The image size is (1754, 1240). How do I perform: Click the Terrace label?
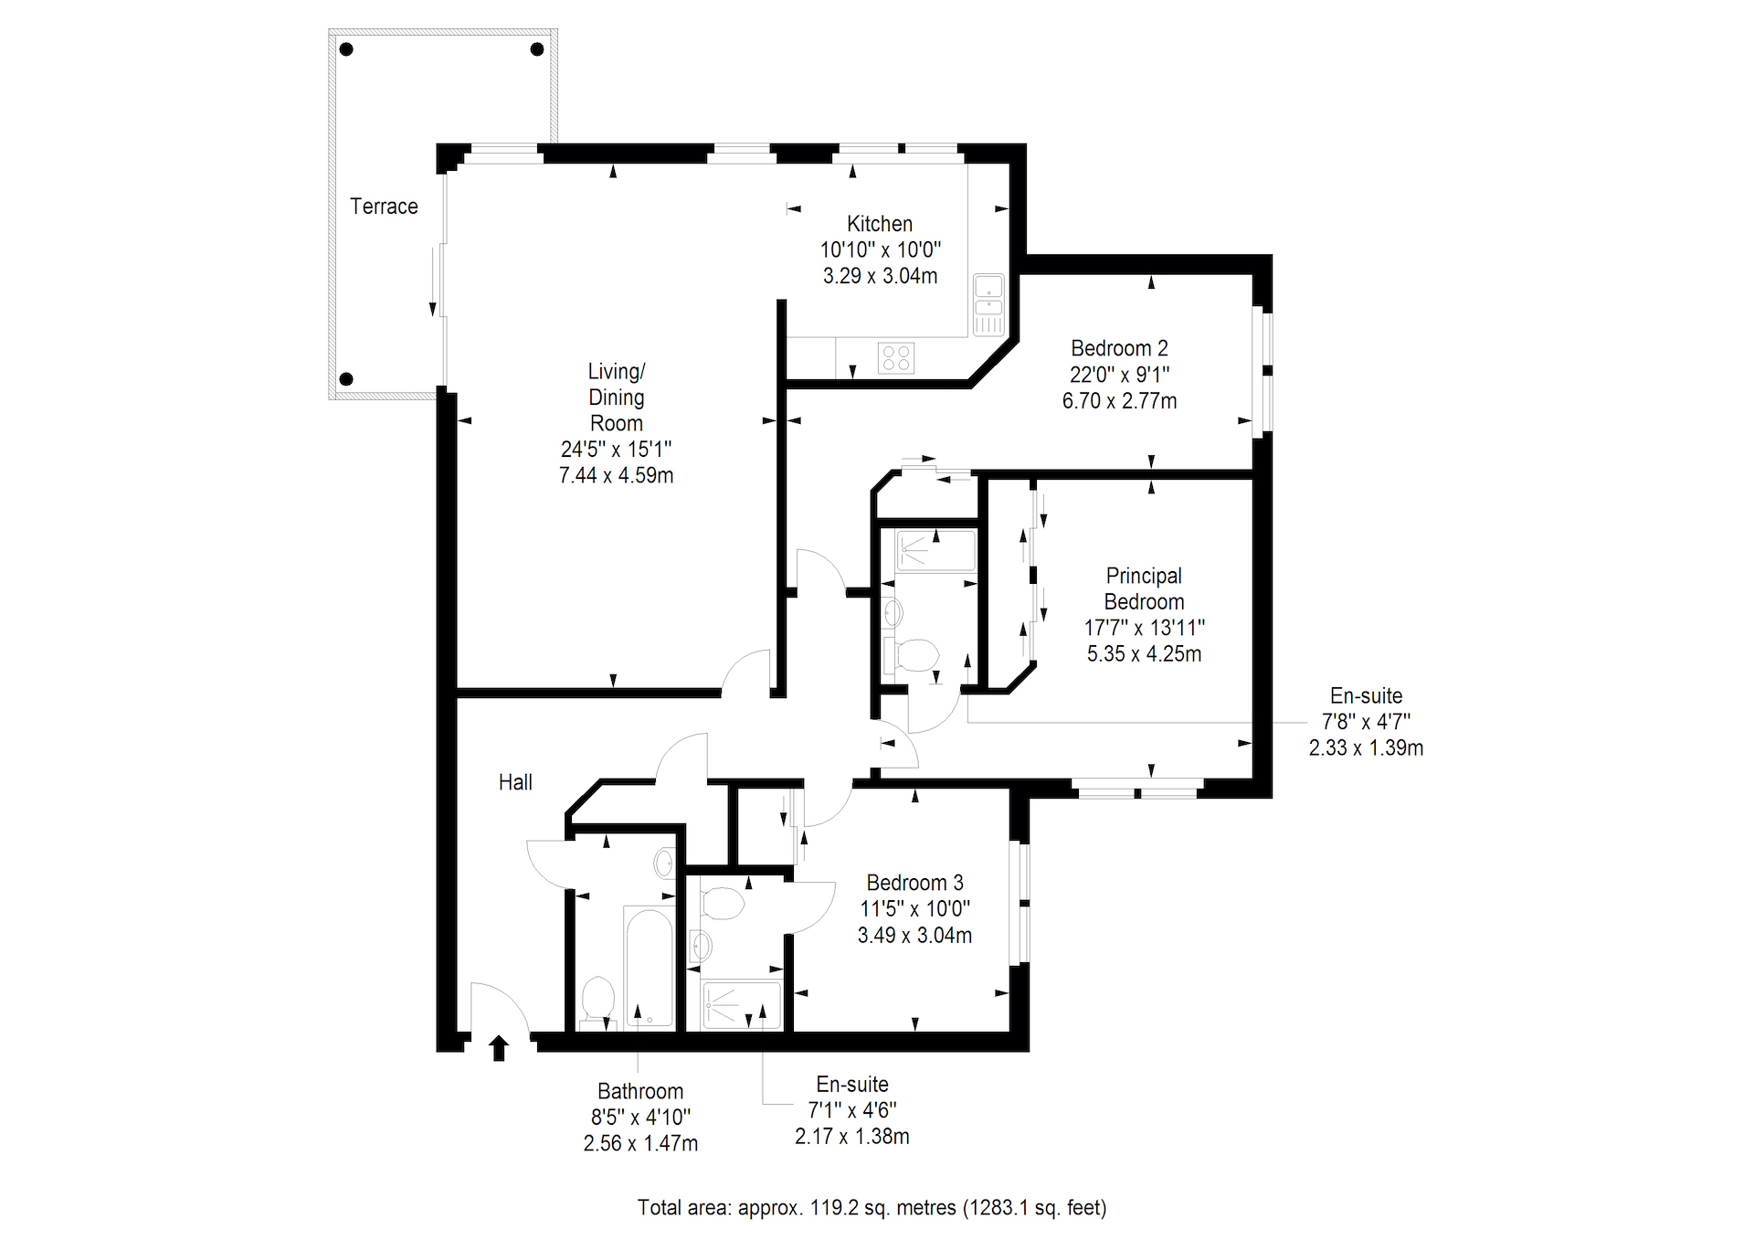coord(384,207)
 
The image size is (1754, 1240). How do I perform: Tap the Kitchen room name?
coord(880,224)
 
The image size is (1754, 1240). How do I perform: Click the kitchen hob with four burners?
coord(896,357)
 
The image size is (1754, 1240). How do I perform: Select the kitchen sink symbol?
coord(988,304)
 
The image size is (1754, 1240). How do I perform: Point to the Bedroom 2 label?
coord(1119,348)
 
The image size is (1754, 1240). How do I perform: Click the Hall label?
coord(515,782)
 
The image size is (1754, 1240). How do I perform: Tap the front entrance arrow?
coord(499,1048)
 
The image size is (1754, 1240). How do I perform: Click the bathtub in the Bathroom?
coord(649,967)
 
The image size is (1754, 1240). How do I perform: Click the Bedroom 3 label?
coord(914,883)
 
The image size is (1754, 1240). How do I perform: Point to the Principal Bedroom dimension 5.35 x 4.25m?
coord(1144,653)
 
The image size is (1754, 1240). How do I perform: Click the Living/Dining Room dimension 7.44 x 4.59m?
coord(616,475)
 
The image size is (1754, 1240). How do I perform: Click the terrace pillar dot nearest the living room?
coord(346,379)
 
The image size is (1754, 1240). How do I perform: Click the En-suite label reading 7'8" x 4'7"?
coord(1366,722)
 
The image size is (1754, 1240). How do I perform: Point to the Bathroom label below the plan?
coord(640,1091)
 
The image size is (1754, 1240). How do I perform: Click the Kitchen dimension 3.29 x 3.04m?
coord(880,276)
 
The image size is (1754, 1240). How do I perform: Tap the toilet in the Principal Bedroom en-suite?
coord(911,655)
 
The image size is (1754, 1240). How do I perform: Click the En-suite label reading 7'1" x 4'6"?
coord(852,1110)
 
